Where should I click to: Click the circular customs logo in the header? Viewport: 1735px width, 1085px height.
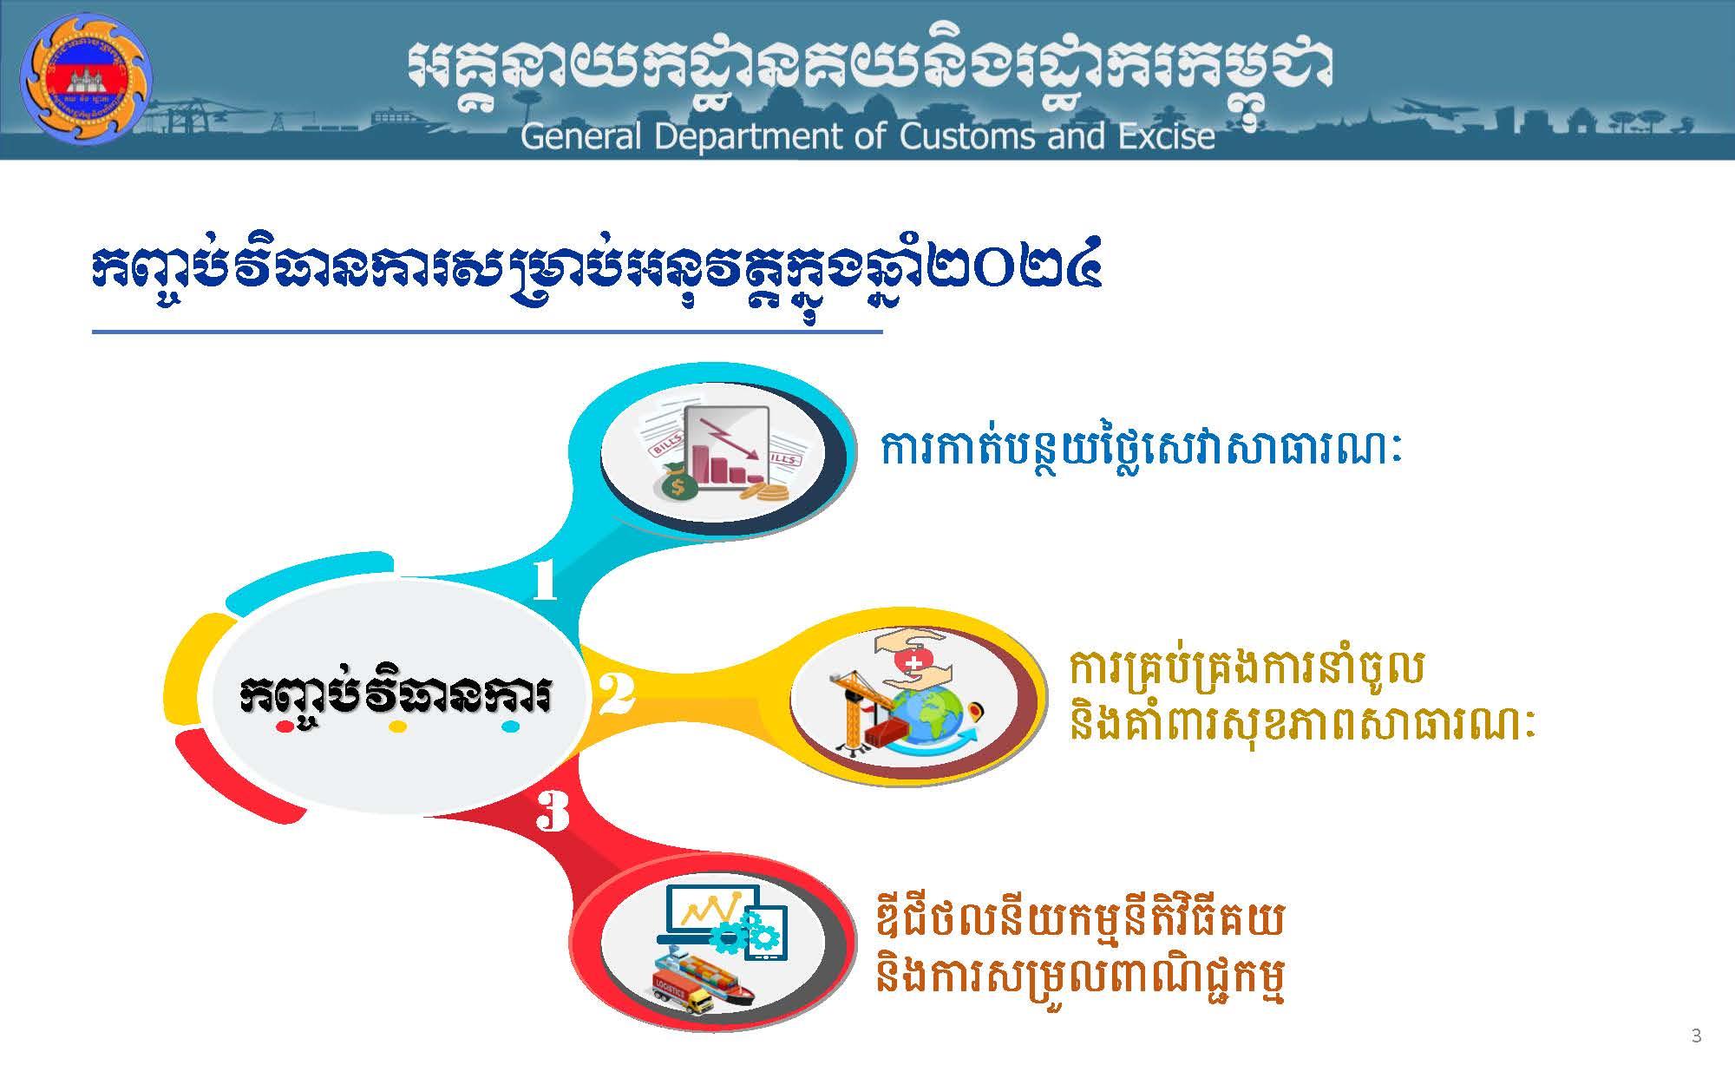pos(85,77)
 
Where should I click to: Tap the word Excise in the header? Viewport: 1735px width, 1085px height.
pos(1165,136)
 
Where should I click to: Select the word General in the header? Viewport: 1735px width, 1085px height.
pos(581,136)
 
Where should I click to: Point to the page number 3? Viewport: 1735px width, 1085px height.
pos(1696,1035)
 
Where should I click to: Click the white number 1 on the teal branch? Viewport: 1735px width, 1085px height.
pos(544,581)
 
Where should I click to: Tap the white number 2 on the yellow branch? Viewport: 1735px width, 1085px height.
pos(616,694)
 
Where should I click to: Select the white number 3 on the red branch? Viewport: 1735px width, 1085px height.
pos(553,813)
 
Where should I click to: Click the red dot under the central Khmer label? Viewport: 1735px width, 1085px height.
pos(283,727)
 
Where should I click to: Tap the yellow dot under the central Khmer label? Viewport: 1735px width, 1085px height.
pos(397,727)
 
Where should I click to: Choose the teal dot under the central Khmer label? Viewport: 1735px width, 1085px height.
pos(511,727)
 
